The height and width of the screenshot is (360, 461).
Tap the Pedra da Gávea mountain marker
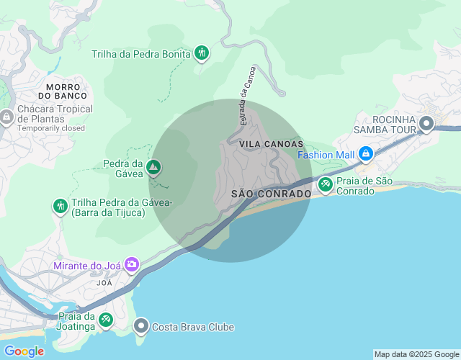(153, 168)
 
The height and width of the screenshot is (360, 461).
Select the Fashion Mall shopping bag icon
(366, 154)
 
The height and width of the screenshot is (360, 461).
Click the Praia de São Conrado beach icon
(326, 185)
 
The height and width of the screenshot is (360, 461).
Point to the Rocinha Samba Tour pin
(426, 124)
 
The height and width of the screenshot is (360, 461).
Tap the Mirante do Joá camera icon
(131, 265)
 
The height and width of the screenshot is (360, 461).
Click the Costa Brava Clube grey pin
(141, 327)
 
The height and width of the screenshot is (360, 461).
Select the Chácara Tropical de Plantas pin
(6, 116)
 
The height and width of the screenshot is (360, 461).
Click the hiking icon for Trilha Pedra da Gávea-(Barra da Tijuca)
(60, 207)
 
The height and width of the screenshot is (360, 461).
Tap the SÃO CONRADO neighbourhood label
(272, 194)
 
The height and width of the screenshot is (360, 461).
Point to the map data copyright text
(416, 354)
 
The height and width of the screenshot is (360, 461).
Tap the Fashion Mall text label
(326, 155)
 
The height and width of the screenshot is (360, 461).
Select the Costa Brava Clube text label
(193, 327)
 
